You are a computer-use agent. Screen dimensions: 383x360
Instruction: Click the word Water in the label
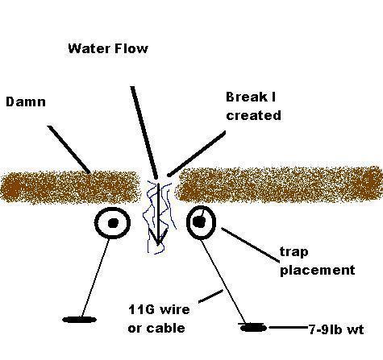[x=90, y=48]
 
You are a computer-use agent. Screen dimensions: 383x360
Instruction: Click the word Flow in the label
[x=131, y=48]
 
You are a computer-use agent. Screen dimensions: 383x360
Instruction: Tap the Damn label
[x=26, y=102]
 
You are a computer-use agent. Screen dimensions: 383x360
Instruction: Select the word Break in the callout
[x=244, y=97]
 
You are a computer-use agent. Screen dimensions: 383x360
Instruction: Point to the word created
[x=254, y=115]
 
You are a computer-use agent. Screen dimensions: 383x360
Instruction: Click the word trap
[x=294, y=252]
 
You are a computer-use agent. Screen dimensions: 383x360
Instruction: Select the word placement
[x=318, y=270]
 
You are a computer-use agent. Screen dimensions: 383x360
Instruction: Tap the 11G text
[x=142, y=309]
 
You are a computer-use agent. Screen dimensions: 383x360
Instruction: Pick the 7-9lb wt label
[x=336, y=329]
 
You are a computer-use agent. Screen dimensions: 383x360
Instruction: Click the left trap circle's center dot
[x=113, y=222]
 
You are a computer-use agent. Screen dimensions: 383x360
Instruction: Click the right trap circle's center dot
[x=199, y=221]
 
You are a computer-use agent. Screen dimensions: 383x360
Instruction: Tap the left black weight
[x=79, y=320]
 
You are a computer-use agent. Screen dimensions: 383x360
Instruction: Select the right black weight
[x=253, y=328]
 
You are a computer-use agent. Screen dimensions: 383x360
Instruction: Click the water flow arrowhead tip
[x=158, y=244]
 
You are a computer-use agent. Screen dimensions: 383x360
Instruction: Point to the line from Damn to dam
[x=69, y=149]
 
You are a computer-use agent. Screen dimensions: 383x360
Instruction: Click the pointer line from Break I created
[x=197, y=154]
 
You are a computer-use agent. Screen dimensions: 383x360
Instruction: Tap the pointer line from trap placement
[x=250, y=245]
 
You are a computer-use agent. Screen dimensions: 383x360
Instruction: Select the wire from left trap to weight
[x=95, y=278]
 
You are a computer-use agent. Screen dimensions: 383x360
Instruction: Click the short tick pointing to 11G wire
[x=210, y=296]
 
